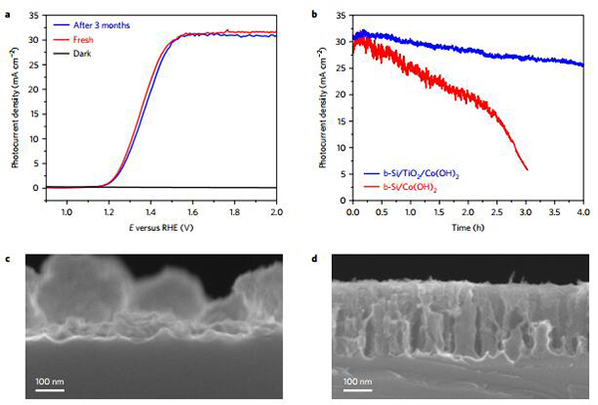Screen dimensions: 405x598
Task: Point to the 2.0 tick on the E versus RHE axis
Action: pos(277,212)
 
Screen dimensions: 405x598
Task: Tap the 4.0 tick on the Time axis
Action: pos(583,212)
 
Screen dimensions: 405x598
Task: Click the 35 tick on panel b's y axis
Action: pos(340,17)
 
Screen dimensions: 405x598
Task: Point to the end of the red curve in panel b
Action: pos(526,169)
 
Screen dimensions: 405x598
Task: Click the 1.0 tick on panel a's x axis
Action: pos(67,212)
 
